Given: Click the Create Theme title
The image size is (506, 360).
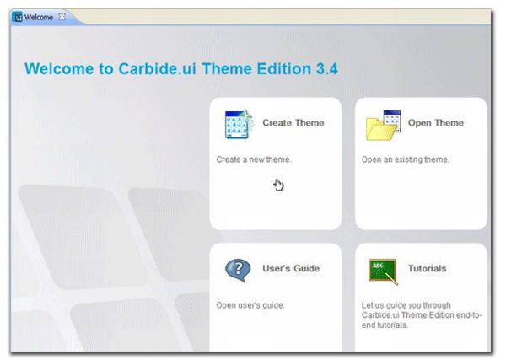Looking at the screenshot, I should point(293,123).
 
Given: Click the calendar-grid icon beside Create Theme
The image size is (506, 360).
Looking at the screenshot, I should point(240,124).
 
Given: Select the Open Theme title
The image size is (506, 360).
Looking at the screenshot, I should point(435,123).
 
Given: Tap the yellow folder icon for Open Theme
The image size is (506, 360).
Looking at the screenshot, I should point(382,125).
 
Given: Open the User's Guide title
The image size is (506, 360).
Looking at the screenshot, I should point(291,269).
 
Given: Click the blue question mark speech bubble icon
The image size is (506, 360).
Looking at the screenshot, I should point(238,271).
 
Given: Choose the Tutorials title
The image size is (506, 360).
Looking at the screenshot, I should point(427,269).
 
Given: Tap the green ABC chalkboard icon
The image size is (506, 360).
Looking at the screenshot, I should point(383,271).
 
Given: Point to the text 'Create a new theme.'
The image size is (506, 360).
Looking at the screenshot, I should point(255,159).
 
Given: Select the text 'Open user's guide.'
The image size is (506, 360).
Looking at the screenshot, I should point(250,305).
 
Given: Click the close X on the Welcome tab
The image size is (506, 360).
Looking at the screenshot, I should point(62,17).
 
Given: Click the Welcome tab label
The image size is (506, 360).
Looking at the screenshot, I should point(39,17).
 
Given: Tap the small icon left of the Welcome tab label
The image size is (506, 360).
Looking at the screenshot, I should point(18,17).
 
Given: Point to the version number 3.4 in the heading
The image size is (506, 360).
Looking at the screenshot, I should point(326,69).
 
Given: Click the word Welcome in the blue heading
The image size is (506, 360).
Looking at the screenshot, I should point(62,69).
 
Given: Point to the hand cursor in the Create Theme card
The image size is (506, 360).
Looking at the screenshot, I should point(279,185).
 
